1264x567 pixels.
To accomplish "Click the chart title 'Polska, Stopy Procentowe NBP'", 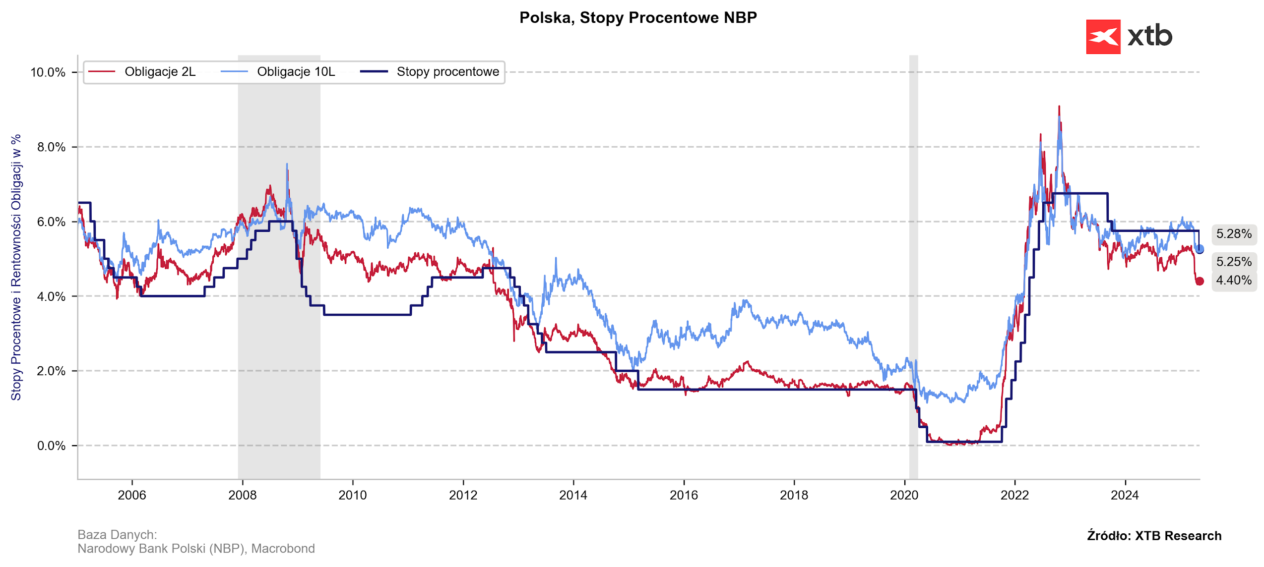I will pos(638,18).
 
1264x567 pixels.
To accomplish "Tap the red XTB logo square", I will pos(1103,37).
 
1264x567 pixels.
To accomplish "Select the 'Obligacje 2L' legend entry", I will pos(160,72).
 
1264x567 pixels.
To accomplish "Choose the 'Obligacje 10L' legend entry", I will pos(296,72).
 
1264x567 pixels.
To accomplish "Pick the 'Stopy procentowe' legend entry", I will pos(447,72).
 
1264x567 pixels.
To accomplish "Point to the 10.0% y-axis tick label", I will pos(48,72).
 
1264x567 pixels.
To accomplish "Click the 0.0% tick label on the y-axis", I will pos(51,446).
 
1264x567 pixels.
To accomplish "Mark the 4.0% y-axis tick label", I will pos(51,296).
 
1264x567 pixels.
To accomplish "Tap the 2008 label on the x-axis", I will pos(242,495).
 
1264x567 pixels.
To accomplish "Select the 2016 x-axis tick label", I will pos(684,495).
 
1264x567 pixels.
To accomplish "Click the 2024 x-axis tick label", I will pos(1125,495).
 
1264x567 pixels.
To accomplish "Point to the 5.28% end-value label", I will pos(1234,234).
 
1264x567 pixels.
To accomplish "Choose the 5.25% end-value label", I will pos(1234,262).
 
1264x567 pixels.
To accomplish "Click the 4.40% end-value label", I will pos(1234,280).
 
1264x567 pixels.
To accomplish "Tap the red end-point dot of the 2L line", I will pos(1200,281).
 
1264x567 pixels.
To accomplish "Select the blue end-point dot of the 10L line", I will pos(1200,249).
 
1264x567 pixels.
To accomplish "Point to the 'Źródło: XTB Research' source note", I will pos(1154,536).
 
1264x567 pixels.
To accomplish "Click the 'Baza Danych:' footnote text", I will pos(117,535).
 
